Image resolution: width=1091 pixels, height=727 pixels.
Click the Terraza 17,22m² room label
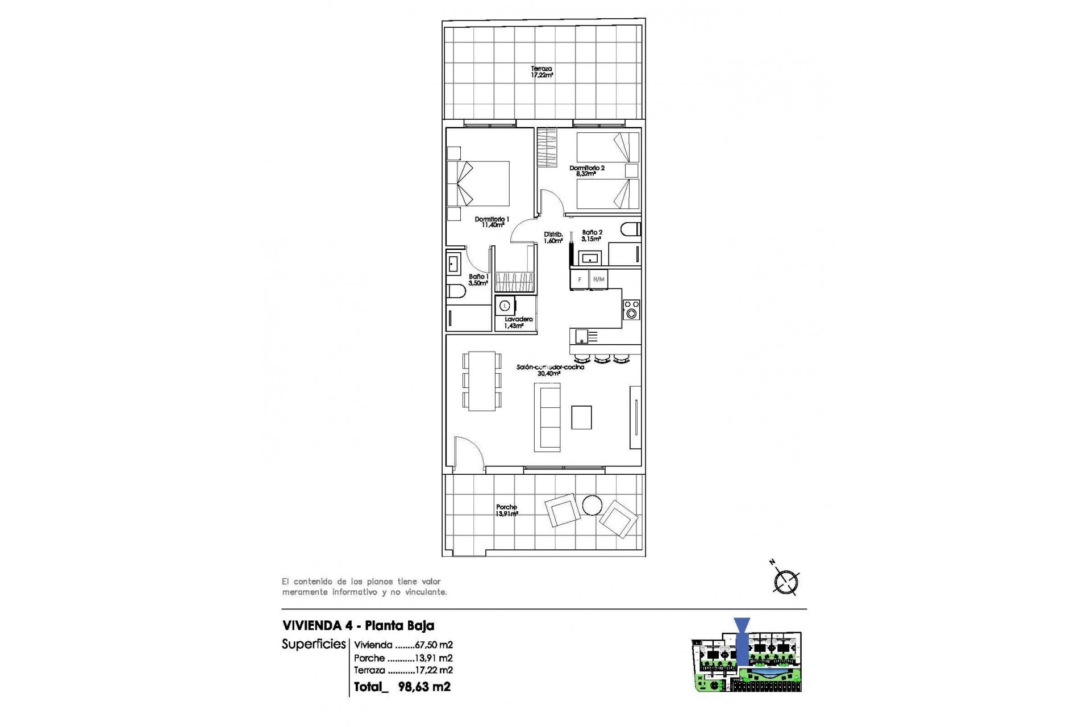tap(542, 72)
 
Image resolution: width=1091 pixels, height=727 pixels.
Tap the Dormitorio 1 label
tap(492, 222)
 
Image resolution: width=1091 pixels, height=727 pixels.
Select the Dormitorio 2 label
tap(587, 170)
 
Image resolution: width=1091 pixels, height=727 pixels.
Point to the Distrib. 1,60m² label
tap(553, 237)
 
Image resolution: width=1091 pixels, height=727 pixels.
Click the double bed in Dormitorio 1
tap(478, 183)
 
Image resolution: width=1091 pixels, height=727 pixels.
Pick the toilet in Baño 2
tap(630, 229)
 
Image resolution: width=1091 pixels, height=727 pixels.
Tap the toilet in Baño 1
tap(456, 292)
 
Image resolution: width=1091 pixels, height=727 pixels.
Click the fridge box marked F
tap(580, 279)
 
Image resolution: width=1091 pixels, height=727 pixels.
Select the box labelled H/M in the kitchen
tap(598, 279)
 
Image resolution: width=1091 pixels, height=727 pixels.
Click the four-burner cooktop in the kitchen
tap(631, 310)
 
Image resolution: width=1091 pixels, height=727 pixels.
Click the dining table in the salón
tap(482, 381)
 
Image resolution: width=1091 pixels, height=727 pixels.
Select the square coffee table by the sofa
tap(581, 417)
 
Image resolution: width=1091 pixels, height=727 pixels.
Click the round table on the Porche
tap(593, 505)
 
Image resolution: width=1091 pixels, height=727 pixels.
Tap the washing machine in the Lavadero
tap(505, 306)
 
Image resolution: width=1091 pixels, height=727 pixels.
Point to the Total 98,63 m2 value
tap(424, 687)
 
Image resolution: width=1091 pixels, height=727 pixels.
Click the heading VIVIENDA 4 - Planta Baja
tap(358, 626)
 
